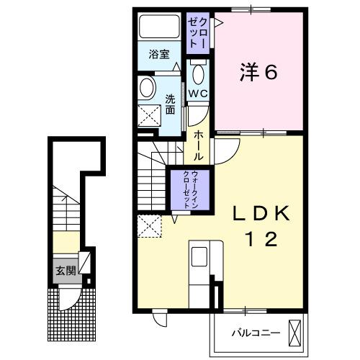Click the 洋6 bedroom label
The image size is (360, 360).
point(258,72)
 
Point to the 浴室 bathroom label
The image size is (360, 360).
point(158,54)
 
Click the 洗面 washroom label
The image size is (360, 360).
point(170,104)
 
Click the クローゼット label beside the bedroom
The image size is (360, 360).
point(197,32)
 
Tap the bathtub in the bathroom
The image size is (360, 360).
point(160,28)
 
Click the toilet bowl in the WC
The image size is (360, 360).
point(198,73)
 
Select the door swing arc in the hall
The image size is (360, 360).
point(225,150)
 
